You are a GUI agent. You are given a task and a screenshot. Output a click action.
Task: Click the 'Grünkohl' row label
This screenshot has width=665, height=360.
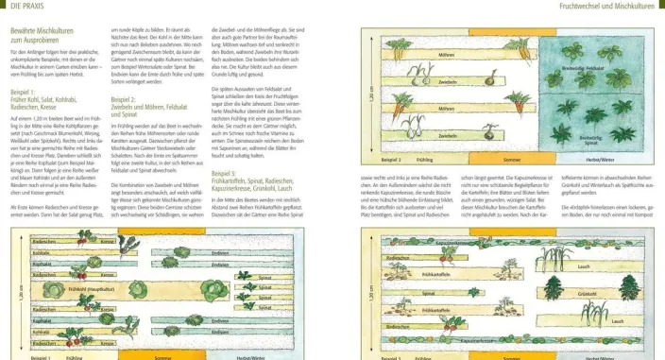point(586,295)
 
